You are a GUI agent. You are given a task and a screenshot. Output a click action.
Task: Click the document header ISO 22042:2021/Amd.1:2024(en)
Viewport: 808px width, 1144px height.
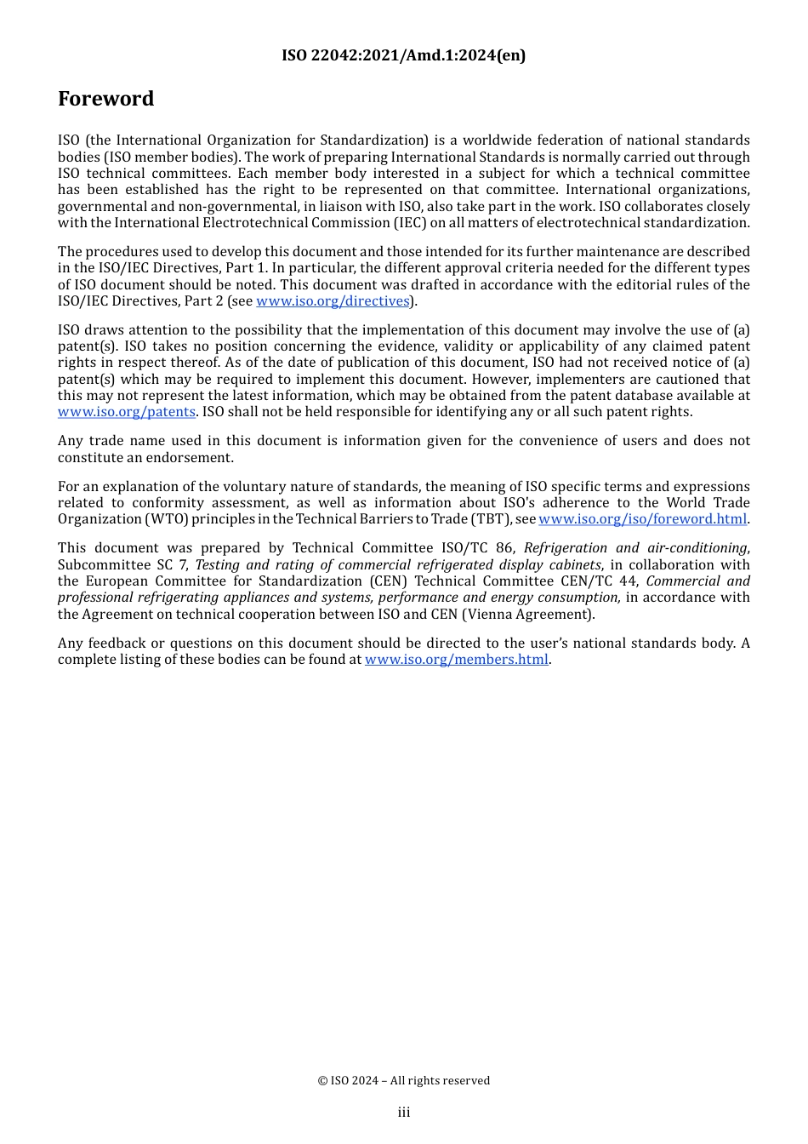[x=403, y=55]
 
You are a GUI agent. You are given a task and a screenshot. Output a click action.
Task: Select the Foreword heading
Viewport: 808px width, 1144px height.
[x=105, y=99]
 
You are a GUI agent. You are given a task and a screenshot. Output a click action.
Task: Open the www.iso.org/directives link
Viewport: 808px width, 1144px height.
[x=333, y=301]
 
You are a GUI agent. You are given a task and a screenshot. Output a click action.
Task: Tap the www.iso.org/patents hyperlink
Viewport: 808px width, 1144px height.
[x=127, y=412]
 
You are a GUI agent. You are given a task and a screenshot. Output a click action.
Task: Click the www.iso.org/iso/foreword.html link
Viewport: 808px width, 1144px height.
[x=642, y=519]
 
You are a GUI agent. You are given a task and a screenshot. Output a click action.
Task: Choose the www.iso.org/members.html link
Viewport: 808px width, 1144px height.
[x=456, y=660]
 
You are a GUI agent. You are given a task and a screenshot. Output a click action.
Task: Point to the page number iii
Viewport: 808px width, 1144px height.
[x=403, y=1113]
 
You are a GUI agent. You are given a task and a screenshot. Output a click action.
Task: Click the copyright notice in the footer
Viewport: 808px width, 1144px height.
[x=403, y=1081]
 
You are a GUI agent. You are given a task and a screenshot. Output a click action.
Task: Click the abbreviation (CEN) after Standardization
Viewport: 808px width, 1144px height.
[x=386, y=581]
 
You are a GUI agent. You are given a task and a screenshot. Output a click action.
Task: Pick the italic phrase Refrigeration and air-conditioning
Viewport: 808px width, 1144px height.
[x=635, y=548]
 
